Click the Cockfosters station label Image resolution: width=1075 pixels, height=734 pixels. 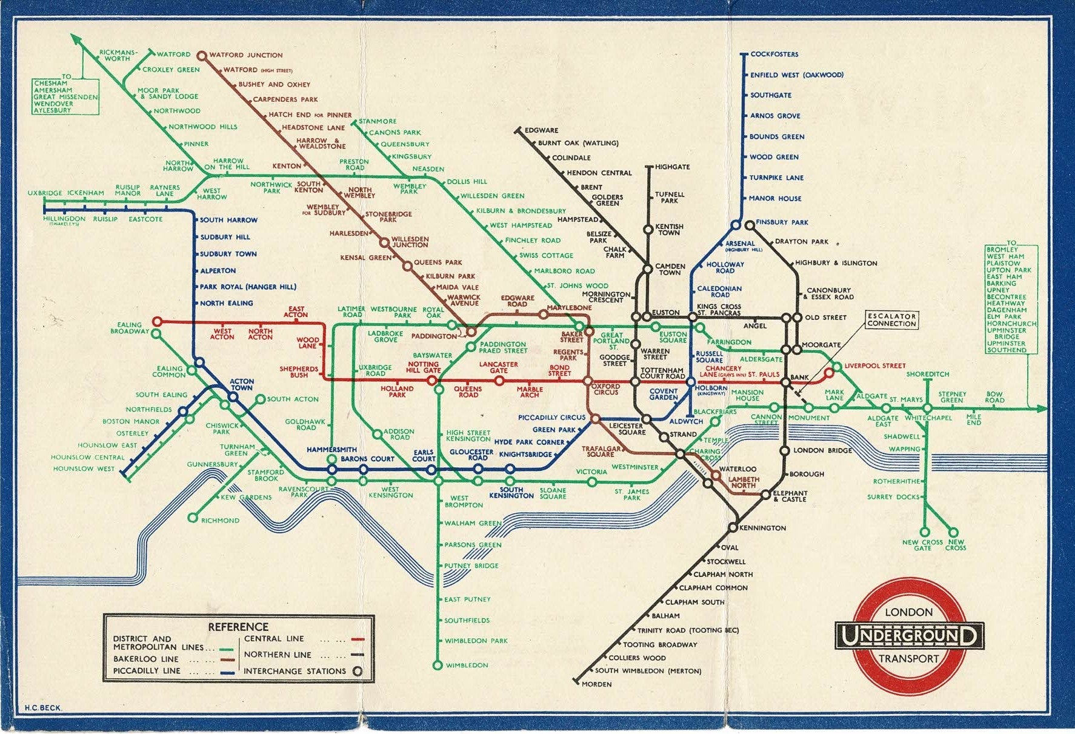[774, 54]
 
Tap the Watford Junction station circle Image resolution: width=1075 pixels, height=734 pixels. [202, 55]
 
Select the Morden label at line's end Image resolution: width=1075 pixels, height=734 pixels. [596, 684]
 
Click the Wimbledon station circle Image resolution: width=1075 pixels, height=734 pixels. [438, 665]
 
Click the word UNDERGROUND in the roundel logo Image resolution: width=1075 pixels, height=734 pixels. [908, 636]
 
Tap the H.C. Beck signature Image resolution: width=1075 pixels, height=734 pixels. [43, 707]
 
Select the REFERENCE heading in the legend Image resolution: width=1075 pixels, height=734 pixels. [238, 627]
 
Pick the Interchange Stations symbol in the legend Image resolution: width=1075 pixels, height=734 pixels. [358, 671]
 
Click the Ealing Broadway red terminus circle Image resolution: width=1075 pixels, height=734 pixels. [157, 321]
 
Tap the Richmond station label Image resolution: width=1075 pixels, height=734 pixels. [220, 520]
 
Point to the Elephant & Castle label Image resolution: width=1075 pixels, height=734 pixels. [790, 496]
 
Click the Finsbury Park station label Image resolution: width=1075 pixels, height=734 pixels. [782, 222]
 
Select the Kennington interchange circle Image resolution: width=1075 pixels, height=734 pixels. [733, 527]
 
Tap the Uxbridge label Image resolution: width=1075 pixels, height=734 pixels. [45, 193]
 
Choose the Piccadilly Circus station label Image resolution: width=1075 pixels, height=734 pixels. [551, 417]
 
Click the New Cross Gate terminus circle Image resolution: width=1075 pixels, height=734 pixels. [925, 532]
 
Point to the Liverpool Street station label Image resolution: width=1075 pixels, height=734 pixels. [874, 365]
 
